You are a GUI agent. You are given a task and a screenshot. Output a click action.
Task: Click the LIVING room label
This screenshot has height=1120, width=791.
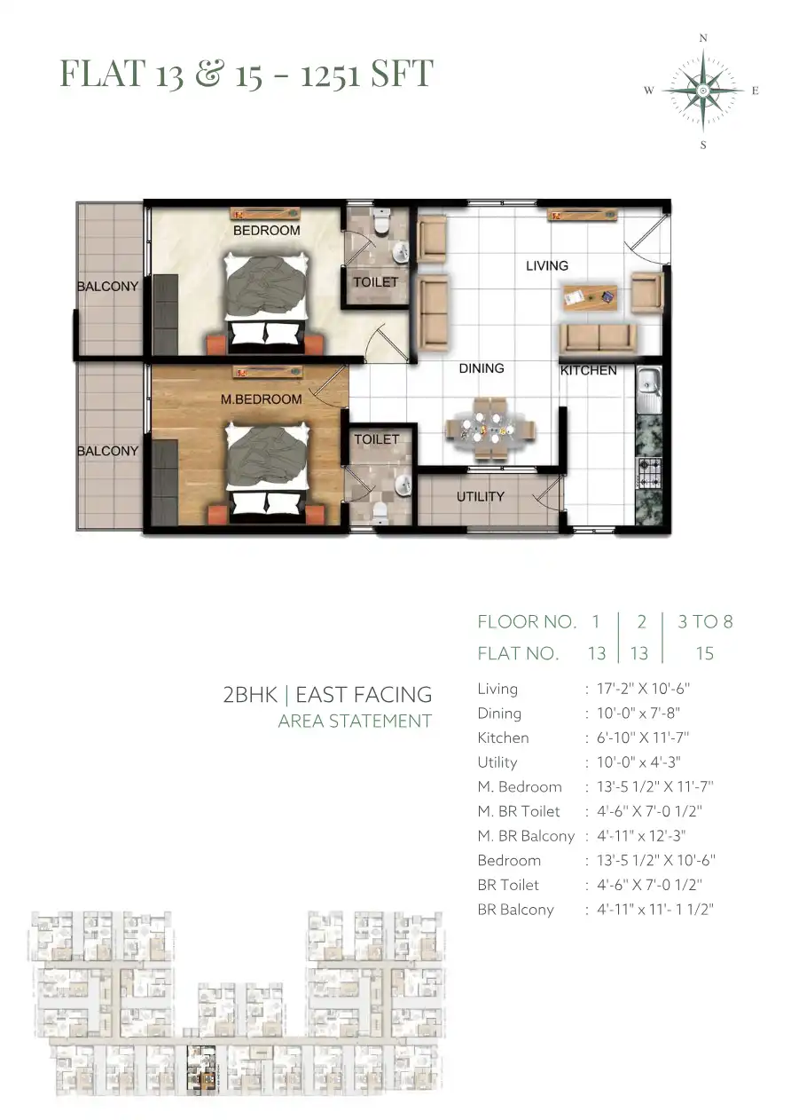(546, 265)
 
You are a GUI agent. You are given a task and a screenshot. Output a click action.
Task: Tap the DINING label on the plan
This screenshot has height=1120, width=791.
(482, 368)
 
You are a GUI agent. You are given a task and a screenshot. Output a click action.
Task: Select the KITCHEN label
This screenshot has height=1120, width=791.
(588, 370)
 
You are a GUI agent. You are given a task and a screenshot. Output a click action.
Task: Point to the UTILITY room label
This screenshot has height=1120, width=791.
(481, 496)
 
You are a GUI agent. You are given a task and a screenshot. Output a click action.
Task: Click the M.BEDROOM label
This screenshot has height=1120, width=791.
(262, 399)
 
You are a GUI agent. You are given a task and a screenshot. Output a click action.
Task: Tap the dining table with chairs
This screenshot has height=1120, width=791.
(490, 428)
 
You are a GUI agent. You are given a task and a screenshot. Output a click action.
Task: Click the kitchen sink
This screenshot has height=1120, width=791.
(649, 389)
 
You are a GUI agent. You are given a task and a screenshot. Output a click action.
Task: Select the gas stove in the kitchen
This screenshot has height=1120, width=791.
(649, 473)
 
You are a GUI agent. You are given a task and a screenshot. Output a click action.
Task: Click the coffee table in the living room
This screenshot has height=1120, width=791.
(590, 297)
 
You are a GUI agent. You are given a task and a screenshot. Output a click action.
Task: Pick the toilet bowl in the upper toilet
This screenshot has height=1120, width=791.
(381, 222)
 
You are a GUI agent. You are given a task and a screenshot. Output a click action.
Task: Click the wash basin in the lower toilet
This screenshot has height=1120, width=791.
(403, 485)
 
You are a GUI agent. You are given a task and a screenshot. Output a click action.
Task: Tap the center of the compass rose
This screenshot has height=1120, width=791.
(703, 91)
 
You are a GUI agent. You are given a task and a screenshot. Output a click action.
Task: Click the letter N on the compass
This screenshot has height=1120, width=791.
(703, 38)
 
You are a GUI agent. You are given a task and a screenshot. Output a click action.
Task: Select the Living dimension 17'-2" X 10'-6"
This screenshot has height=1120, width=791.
(643, 689)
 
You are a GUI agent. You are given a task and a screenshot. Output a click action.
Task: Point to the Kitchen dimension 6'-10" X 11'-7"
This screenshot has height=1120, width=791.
(643, 737)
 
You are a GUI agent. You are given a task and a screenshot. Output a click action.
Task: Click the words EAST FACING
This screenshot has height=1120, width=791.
(364, 695)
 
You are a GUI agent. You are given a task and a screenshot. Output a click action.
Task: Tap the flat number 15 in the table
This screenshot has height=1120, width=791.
(705, 653)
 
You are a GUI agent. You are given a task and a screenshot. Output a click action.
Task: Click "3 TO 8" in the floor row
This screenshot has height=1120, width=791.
(705, 621)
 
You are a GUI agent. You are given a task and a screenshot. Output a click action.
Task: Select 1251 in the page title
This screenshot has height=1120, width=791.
(329, 74)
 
